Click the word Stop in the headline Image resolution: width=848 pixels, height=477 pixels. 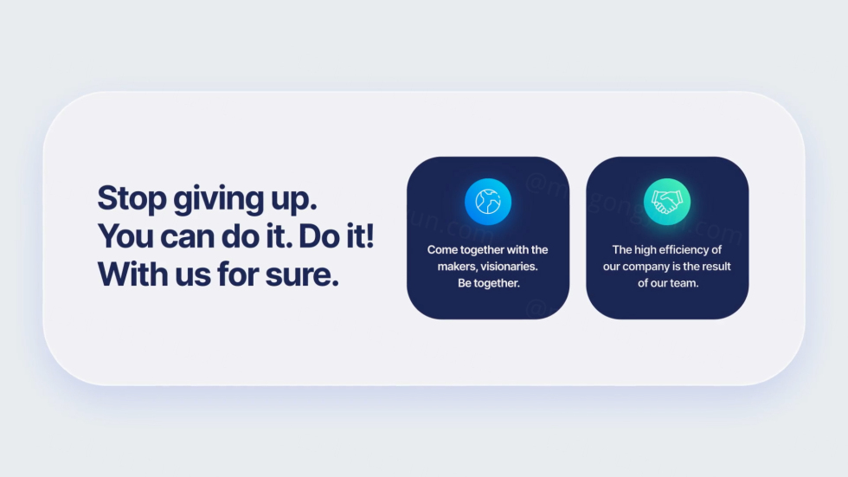pos(132,198)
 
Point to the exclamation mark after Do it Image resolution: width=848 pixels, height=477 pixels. pos(369,236)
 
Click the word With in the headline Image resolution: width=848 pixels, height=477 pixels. pos(132,274)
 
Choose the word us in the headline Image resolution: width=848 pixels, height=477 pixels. pos(192,276)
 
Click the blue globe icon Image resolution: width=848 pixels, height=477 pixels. pos(488,202)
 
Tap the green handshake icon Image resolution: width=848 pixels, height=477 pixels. pos(667,202)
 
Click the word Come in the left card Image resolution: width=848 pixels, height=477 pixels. pos(442,250)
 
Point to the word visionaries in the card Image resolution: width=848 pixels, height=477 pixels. pos(509,267)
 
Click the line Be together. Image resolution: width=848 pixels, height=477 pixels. pos(488,283)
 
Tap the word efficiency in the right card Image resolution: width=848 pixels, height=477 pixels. pos(685,250)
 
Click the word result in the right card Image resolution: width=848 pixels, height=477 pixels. pos(716,267)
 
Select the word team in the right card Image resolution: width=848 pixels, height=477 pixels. pos(683,283)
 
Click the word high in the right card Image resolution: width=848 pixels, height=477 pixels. pos(646,250)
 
